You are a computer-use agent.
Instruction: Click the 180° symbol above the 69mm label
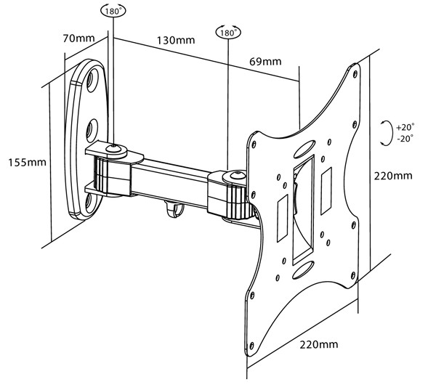tap(228, 33)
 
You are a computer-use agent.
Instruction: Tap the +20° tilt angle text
tap(405, 126)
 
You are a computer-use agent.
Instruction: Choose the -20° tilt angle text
tap(405, 137)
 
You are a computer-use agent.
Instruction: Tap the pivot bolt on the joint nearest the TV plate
tap(233, 175)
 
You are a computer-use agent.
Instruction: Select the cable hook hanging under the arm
tap(170, 209)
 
